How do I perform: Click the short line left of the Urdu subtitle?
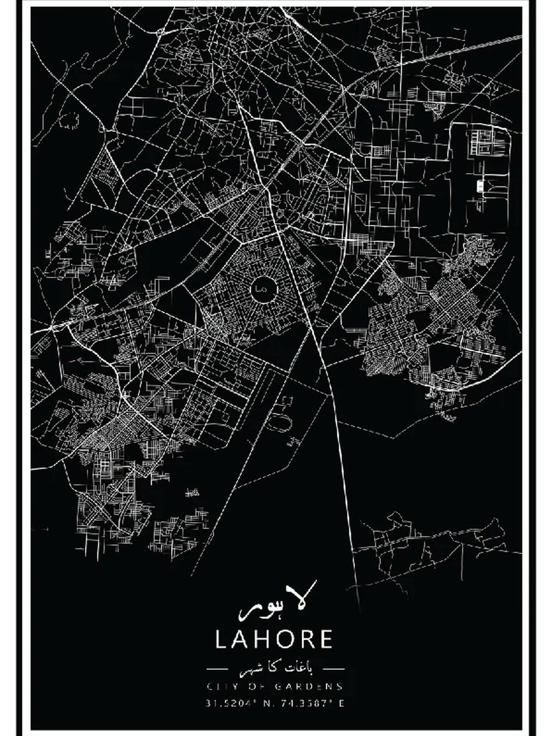tap(218, 668)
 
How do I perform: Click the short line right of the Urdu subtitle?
tap(333, 668)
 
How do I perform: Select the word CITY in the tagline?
tap(221, 686)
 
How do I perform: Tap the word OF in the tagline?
tap(259, 686)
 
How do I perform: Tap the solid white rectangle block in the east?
tap(480, 185)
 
